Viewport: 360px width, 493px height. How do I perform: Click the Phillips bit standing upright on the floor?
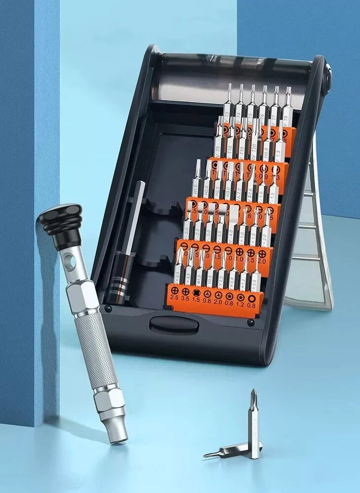pyautogui.click(x=253, y=424)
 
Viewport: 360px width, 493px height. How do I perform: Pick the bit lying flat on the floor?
pyautogui.click(x=232, y=450)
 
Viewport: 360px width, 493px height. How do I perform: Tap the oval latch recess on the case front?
pyautogui.click(x=174, y=325)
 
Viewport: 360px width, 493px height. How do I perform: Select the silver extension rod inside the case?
pyautogui.click(x=137, y=212)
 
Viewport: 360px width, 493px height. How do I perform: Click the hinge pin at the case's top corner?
pyautogui.click(x=326, y=75)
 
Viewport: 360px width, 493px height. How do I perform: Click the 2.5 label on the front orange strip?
pyautogui.click(x=174, y=298)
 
